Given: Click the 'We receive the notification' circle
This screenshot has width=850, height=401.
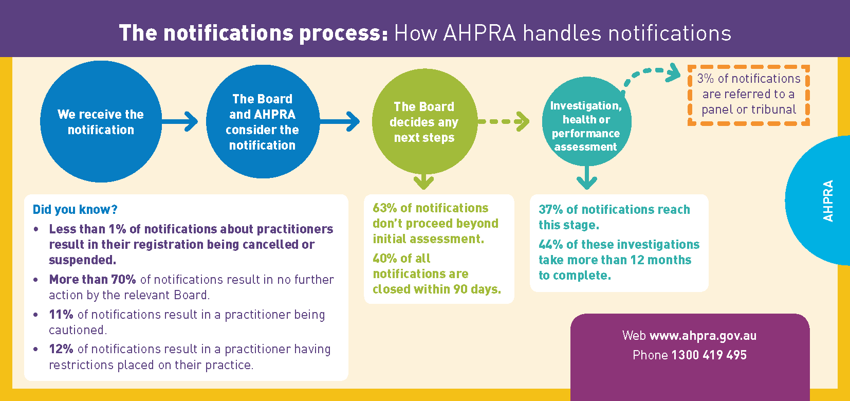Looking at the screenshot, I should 101,122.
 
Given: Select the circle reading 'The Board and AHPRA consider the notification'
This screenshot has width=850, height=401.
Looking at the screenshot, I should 262,122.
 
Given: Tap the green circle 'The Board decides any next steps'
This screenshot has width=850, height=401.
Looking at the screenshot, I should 424,122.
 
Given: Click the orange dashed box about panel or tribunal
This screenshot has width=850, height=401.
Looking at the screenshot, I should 749,95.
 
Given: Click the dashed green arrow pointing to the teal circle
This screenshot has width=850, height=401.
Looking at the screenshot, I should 504,122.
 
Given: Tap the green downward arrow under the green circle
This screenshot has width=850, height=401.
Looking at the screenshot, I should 423,181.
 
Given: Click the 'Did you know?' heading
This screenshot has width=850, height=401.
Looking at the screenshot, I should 75,210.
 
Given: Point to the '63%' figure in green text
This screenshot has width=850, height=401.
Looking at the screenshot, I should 384,208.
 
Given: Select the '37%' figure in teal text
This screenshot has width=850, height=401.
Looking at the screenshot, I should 550,210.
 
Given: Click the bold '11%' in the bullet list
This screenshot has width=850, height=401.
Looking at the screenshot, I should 61,315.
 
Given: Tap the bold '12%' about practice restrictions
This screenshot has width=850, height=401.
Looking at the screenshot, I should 61,349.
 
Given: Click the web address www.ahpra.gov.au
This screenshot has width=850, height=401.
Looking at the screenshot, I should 703,336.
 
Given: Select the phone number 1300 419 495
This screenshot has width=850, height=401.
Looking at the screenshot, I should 709,355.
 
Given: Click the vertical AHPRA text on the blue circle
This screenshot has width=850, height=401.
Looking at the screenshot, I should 828,201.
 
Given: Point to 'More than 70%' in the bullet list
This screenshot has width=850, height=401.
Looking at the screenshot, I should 93,280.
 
